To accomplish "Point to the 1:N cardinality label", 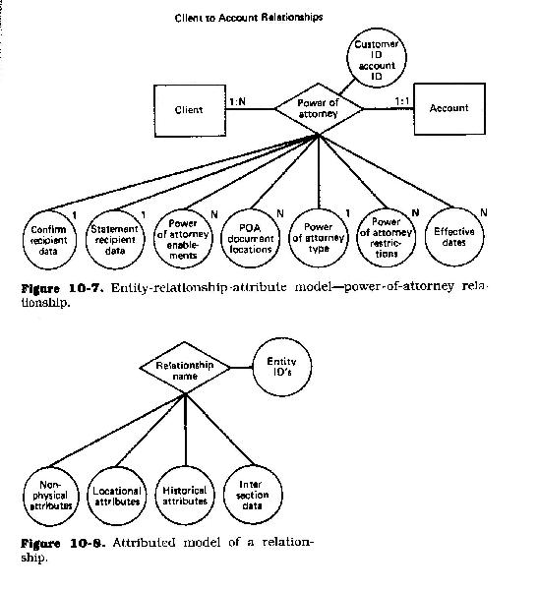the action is point(237,101).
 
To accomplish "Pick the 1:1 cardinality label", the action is point(402,101).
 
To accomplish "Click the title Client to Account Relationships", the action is point(249,18).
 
